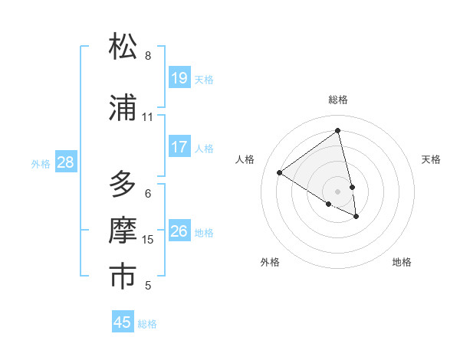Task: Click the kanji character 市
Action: pyautogui.click(x=123, y=277)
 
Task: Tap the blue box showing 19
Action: pyautogui.click(x=179, y=77)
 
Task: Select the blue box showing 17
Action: pyautogui.click(x=179, y=146)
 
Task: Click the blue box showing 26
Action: pyautogui.click(x=179, y=231)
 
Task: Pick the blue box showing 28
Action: pyautogui.click(x=65, y=162)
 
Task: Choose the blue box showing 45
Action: pyautogui.click(x=123, y=322)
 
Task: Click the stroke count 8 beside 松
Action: pyautogui.click(x=148, y=56)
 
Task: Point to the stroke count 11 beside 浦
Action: pyautogui.click(x=148, y=117)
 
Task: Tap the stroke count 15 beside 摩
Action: pyautogui.click(x=148, y=240)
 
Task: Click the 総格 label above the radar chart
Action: pyautogui.click(x=338, y=100)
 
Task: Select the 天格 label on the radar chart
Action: pyautogui.click(x=431, y=159)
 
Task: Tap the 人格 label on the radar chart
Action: pyautogui.click(x=245, y=159)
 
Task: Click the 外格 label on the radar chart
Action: pyautogui.click(x=270, y=262)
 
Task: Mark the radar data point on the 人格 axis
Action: pyautogui.click(x=280, y=172)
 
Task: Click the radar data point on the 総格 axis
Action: pyautogui.click(x=338, y=131)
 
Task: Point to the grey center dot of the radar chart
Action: pyautogui.click(x=338, y=191)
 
